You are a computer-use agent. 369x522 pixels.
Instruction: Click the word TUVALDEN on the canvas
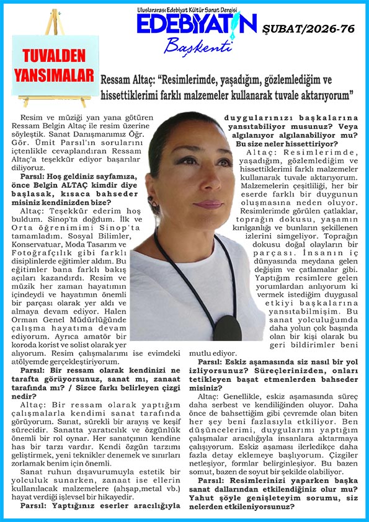53,56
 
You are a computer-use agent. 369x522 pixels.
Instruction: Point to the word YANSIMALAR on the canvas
53,73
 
